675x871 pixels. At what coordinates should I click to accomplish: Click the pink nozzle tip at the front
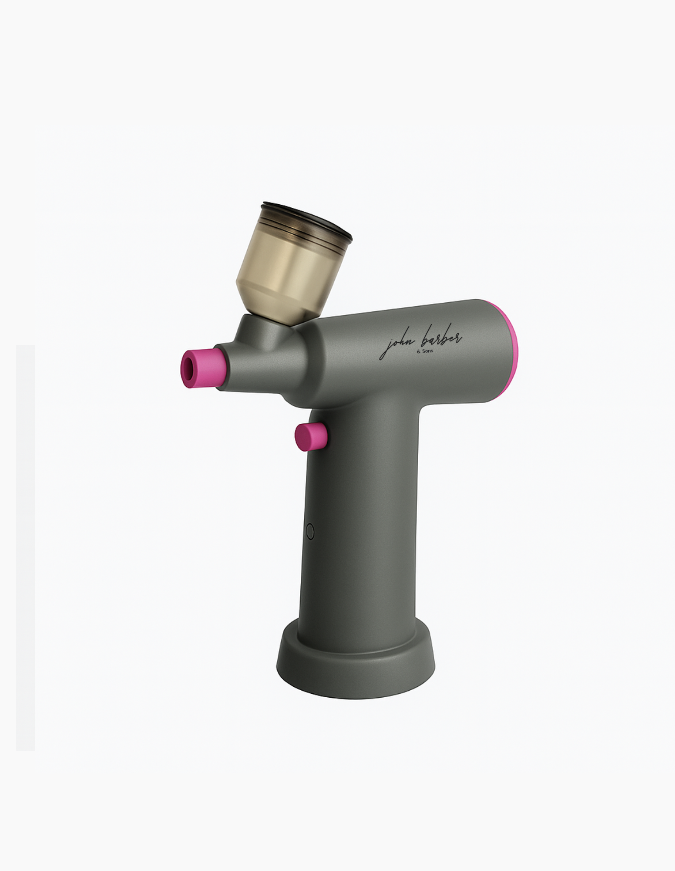pos(203,368)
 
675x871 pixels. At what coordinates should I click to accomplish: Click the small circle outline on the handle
pos(310,531)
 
